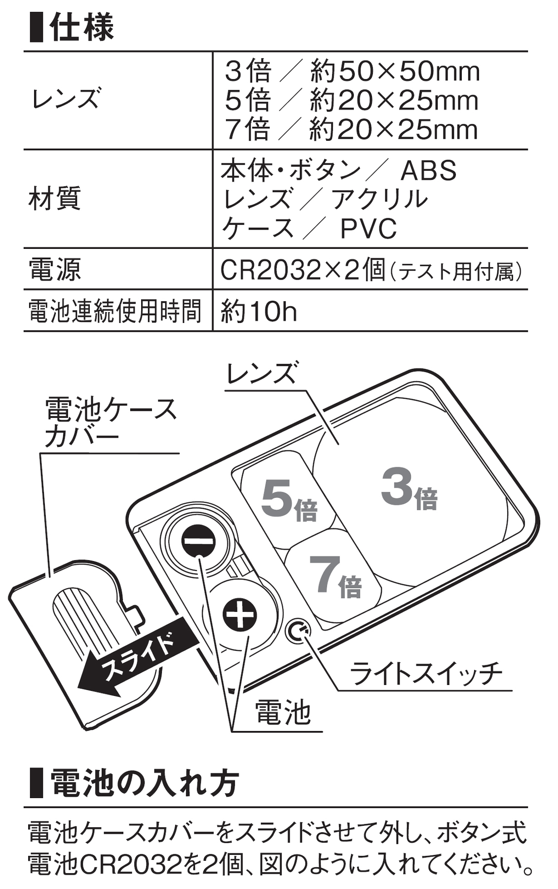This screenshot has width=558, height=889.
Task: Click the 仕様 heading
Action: pos(81,27)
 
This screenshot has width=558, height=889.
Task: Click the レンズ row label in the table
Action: pos(66,99)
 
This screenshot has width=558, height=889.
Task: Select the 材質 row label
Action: pos(54,199)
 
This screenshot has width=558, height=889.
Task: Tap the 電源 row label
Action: pos(54,270)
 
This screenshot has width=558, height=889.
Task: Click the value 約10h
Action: pos(259,312)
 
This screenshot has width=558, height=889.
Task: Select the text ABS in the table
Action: pos(428,171)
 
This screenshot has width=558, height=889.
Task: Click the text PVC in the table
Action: pos(368,229)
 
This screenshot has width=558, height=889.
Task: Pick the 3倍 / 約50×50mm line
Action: pos(352,72)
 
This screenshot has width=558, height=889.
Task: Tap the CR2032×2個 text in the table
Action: pos(302,270)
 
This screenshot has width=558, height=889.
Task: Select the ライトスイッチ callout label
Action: pos(426,673)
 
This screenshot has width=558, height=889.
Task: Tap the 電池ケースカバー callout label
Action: pos(110,422)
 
